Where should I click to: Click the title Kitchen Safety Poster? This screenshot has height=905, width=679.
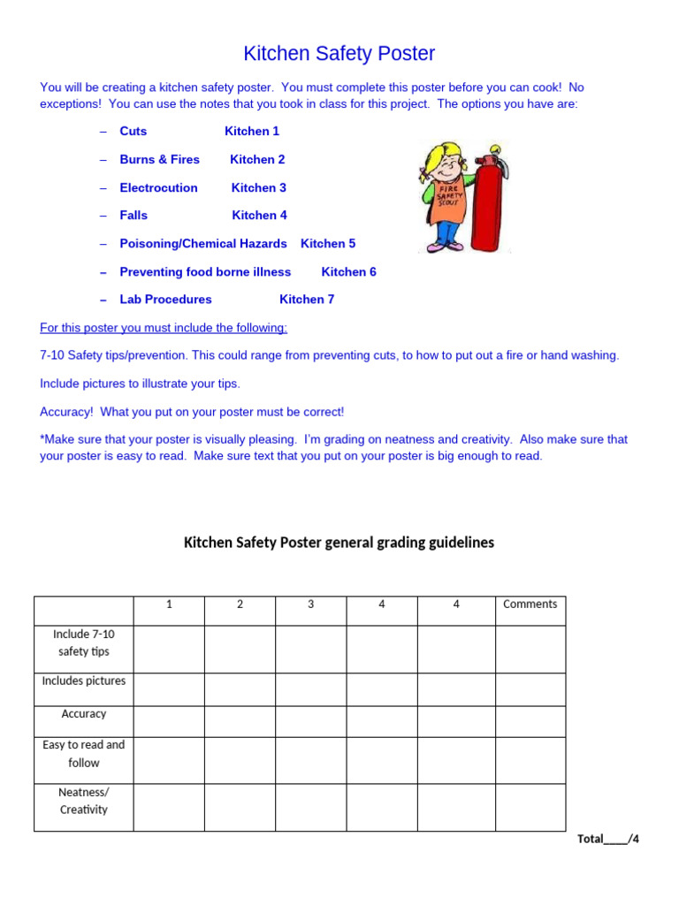pyautogui.click(x=339, y=54)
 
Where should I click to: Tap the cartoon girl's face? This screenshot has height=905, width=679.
pyautogui.click(x=442, y=168)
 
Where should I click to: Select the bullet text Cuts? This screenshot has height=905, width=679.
pyautogui.click(x=134, y=131)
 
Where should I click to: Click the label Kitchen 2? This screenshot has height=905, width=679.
pyautogui.click(x=257, y=159)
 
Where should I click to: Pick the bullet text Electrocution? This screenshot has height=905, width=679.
pyautogui.click(x=158, y=187)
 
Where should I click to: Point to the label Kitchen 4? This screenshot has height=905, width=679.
pyautogui.click(x=259, y=215)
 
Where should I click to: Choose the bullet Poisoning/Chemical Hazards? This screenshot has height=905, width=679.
pyautogui.click(x=203, y=243)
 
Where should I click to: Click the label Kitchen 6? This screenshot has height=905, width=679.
pyautogui.click(x=348, y=271)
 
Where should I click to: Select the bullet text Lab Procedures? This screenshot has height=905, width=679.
pyautogui.click(x=165, y=299)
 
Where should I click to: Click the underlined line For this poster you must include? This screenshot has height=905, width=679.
pyautogui.click(x=164, y=328)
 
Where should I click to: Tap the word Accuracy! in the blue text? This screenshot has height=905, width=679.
pyautogui.click(x=67, y=412)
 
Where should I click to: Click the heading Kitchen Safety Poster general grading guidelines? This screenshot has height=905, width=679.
pyautogui.click(x=339, y=543)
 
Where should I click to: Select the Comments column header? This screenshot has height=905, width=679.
pyautogui.click(x=530, y=605)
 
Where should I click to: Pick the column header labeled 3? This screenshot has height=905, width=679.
pyautogui.click(x=310, y=605)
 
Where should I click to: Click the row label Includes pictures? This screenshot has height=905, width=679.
pyautogui.click(x=84, y=681)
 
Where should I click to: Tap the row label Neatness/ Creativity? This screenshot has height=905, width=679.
pyautogui.click(x=84, y=800)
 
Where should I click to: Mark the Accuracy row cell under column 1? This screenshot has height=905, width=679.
pyautogui.click(x=169, y=721)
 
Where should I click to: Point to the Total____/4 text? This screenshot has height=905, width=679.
pyautogui.click(x=607, y=839)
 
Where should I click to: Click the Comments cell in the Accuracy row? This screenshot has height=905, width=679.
pyautogui.click(x=530, y=721)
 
